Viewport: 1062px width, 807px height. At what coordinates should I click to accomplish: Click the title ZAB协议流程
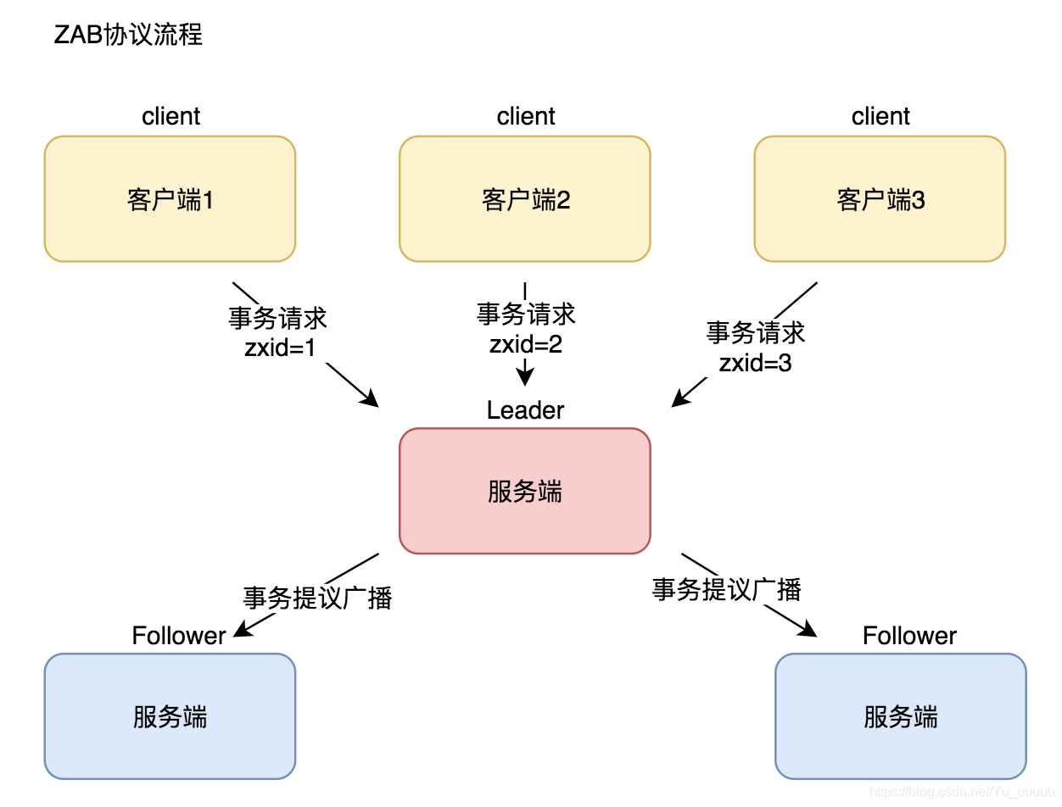[128, 35]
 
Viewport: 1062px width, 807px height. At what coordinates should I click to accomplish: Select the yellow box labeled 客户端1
[170, 200]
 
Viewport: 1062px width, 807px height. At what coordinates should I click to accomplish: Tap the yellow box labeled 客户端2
[525, 200]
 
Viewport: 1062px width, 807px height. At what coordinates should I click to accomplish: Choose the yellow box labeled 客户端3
[880, 200]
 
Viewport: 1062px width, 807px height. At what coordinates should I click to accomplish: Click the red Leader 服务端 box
[525, 492]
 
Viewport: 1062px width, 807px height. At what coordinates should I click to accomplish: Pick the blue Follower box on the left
[170, 716]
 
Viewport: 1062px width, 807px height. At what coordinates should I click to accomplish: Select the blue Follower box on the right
[900, 716]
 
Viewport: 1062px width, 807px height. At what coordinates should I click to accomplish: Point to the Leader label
[525, 410]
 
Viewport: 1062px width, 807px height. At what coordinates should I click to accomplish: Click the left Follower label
[179, 636]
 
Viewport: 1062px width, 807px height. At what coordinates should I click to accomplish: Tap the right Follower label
[909, 636]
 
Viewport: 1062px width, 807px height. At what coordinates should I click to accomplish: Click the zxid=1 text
[280, 348]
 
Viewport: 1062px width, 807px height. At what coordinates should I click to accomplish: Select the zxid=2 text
[526, 344]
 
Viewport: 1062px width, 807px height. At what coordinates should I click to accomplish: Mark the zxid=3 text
[755, 363]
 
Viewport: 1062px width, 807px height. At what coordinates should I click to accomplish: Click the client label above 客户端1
[170, 116]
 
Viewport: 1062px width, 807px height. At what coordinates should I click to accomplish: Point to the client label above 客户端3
[880, 116]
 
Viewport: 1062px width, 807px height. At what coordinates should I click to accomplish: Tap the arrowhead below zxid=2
[526, 378]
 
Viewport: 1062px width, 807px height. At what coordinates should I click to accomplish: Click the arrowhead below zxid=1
[371, 399]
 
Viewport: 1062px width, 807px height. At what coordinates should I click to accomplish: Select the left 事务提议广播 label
[317, 598]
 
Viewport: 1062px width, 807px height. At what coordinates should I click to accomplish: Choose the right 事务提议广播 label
[726, 589]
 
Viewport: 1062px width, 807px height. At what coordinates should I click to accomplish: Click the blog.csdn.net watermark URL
[962, 791]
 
